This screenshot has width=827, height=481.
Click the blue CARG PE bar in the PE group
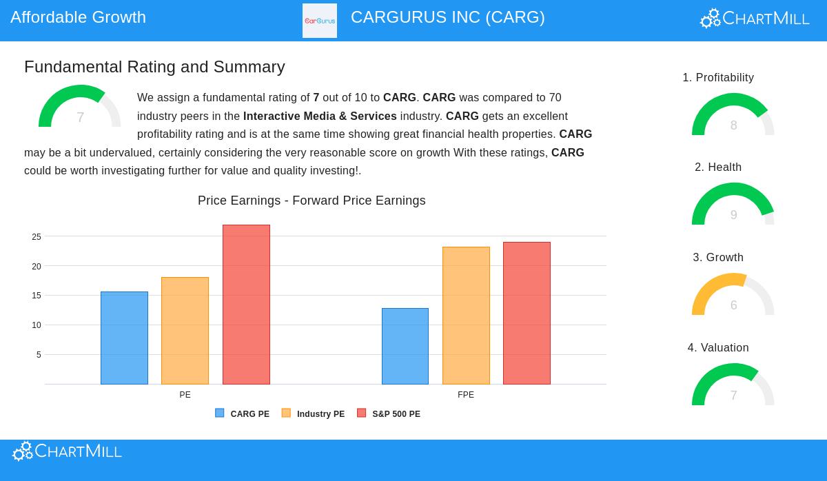pyautogui.click(x=124, y=338)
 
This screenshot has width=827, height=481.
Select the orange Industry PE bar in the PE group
pyautogui.click(x=185, y=331)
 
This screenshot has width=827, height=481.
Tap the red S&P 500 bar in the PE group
pyautogui.click(x=246, y=305)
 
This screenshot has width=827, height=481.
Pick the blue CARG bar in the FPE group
pyautogui.click(x=405, y=346)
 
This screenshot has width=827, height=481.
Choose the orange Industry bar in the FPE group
pyautogui.click(x=466, y=316)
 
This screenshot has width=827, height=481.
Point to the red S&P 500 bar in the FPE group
pyautogui.click(x=527, y=313)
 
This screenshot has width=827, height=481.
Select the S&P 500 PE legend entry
pyautogui.click(x=389, y=414)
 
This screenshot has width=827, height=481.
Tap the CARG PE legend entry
pyautogui.click(x=242, y=414)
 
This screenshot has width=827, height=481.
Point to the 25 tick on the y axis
pyautogui.click(x=37, y=237)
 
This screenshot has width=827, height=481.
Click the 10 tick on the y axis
pyautogui.click(x=37, y=325)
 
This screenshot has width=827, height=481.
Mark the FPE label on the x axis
pyautogui.click(x=466, y=395)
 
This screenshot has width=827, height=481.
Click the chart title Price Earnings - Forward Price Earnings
pyautogui.click(x=312, y=201)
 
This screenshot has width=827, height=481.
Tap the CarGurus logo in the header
pyautogui.click(x=320, y=21)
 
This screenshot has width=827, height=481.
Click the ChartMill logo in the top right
pyautogui.click(x=755, y=19)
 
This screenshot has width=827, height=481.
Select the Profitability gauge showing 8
pyautogui.click(x=733, y=115)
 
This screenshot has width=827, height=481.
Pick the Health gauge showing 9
pyautogui.click(x=733, y=205)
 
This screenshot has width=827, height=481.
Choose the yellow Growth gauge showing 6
pyautogui.click(x=733, y=295)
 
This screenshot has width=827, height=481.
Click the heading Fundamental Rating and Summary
pyautogui.click(x=154, y=67)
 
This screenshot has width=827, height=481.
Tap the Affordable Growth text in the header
pyautogui.click(x=78, y=17)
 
